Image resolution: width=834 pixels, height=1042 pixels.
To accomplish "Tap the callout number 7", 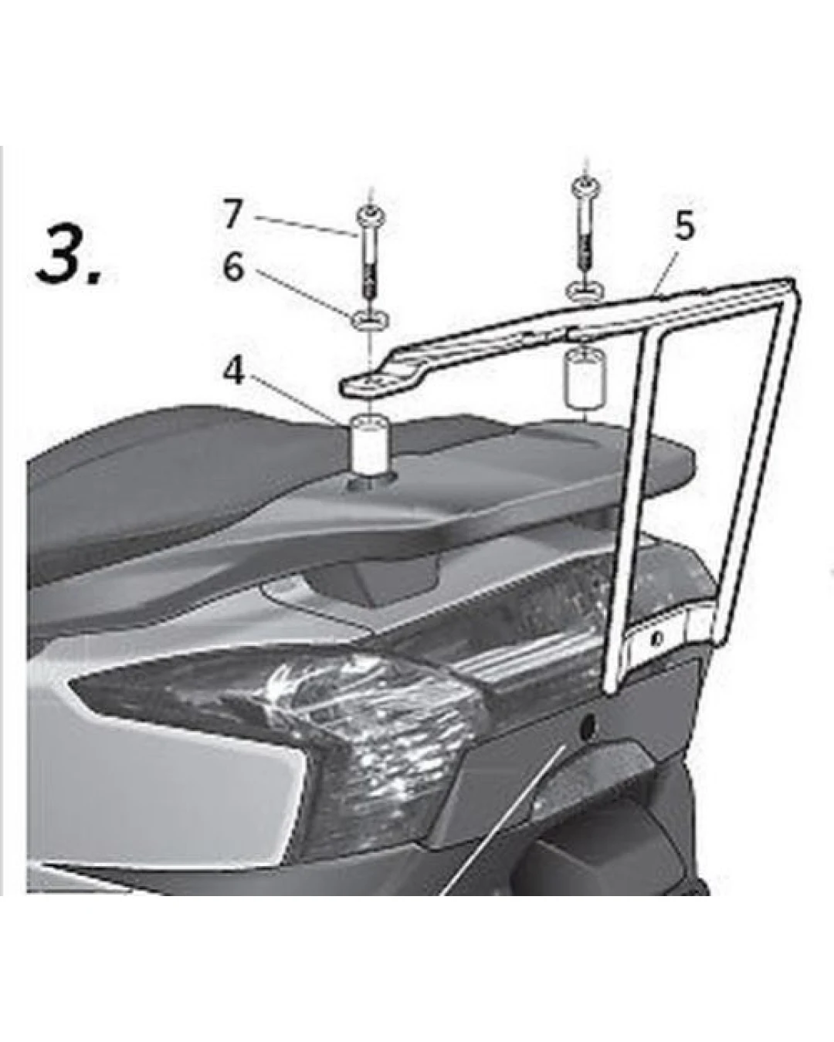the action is pos(232,214).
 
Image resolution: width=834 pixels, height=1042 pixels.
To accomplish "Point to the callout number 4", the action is pos(234,372).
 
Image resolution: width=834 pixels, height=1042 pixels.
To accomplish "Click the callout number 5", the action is pos(683,227).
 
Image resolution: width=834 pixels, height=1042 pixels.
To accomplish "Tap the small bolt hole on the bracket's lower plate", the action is pos(654,640).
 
